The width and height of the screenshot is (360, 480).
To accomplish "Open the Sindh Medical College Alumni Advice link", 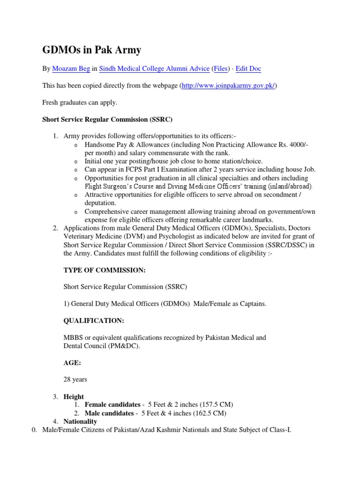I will (154, 69).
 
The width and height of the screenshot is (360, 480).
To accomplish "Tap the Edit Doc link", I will (248, 69).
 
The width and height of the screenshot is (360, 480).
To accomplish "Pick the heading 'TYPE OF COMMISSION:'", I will (98, 270).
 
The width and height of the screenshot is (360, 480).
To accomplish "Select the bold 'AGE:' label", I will (72, 362).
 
